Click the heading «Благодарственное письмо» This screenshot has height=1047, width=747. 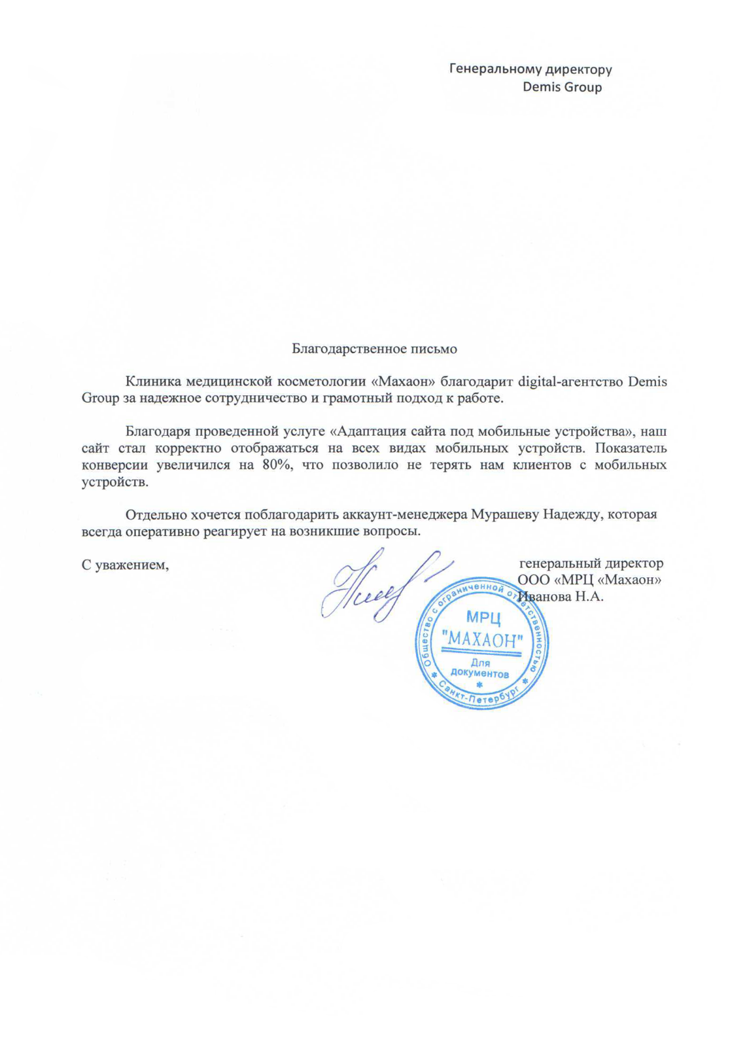tap(374, 349)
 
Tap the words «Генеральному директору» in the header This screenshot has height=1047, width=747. tap(530, 69)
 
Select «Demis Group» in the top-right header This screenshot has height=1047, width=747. tap(562, 87)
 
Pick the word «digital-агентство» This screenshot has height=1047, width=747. tap(569, 382)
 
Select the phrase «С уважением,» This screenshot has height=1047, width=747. tap(125, 565)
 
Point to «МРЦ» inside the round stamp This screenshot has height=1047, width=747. tap(483, 617)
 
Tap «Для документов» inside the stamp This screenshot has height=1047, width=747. tap(480, 668)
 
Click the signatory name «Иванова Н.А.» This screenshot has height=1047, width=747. tap(561, 597)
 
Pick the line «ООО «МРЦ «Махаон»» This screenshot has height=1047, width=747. tap(589, 580)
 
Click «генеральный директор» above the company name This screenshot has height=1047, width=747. tap(591, 563)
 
